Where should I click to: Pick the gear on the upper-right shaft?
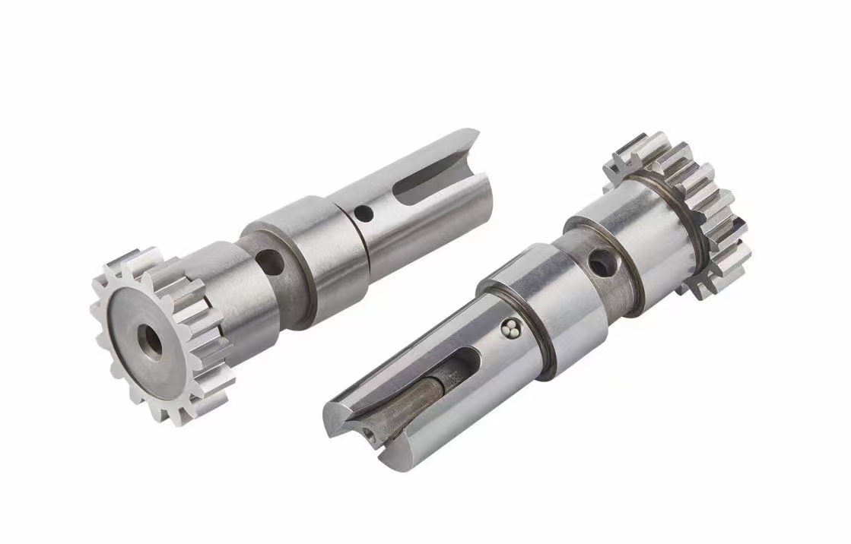[x=684, y=213]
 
